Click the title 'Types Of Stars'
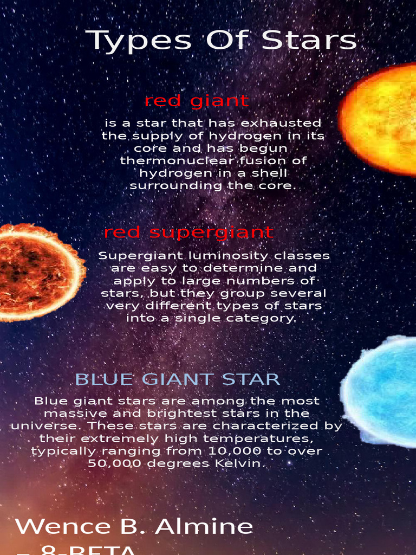222,41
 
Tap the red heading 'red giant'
197,101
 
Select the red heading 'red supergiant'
188,233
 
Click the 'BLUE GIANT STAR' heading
177,379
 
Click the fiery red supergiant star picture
38,272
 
